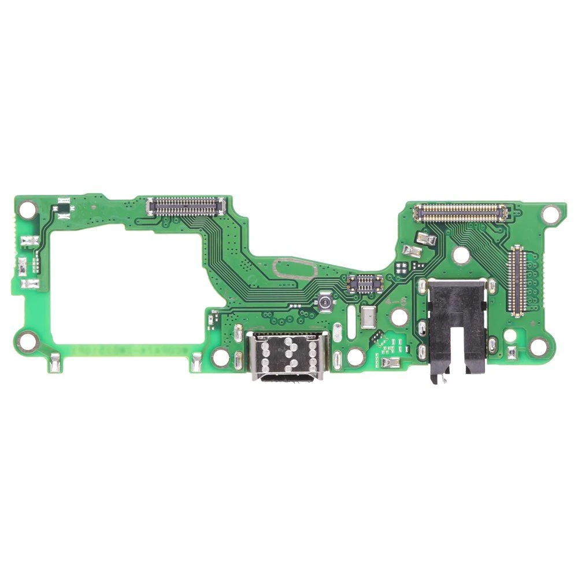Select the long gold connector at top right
pos(461,213)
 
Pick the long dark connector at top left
pos(186,204)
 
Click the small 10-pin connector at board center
pos(364,283)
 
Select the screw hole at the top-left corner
pos(27,209)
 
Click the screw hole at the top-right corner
pos(551,214)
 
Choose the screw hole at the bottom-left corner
pos(25,342)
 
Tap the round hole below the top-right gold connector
pos(461,254)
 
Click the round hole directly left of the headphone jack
pos(398,317)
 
